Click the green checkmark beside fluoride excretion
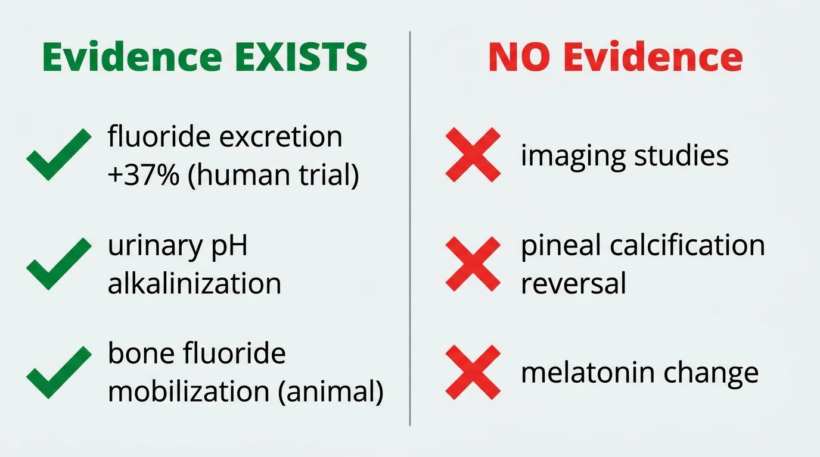coord(58,154)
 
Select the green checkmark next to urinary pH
coord(58,264)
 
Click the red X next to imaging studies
coord(473,155)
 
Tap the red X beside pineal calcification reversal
coord(473,264)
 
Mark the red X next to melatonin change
coord(473,373)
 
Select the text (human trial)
coord(274,177)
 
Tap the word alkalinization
coord(194,283)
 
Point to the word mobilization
coord(182,392)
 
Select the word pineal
coord(559,245)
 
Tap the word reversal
coord(573,283)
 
